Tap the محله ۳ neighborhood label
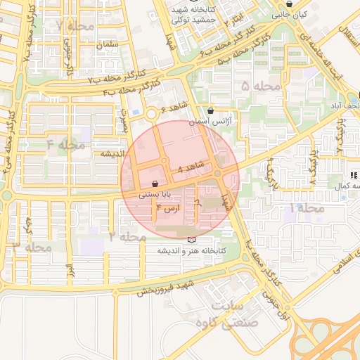click(32, 247)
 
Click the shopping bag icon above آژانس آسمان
click(211, 110)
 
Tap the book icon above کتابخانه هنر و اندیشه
click(191, 239)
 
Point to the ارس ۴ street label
click(168, 208)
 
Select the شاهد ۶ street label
click(174, 107)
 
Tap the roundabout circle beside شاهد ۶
click(150, 113)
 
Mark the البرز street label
click(70, 271)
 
